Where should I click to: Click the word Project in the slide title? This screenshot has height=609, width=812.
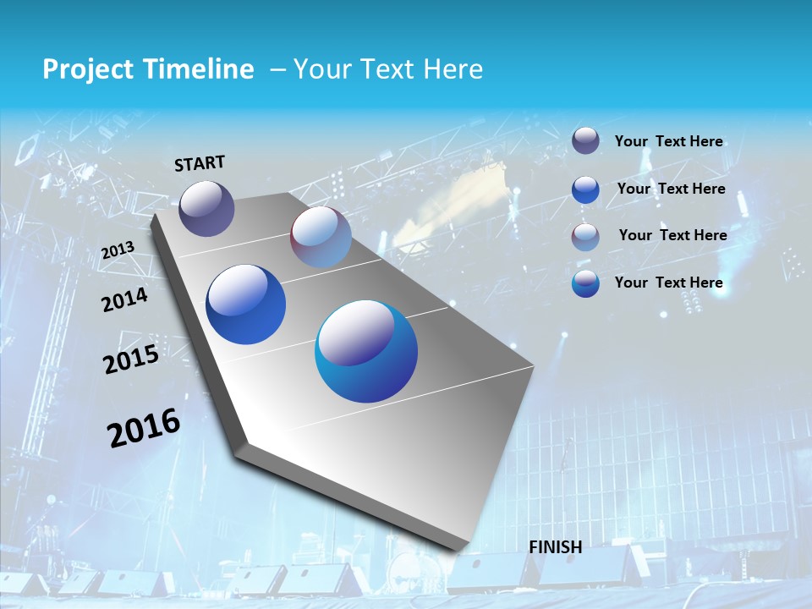[85, 69]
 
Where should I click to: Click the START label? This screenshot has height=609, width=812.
[200, 163]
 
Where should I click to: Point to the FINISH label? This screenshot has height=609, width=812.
[555, 547]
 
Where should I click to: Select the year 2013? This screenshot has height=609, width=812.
[118, 250]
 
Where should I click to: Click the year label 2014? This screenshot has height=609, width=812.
[124, 299]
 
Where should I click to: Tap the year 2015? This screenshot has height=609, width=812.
[131, 359]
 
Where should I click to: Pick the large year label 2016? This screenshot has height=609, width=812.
[144, 427]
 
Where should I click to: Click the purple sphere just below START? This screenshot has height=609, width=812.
[206, 208]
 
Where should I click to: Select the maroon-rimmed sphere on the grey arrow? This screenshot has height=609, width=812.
[321, 237]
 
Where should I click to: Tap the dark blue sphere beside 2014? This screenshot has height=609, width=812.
[245, 304]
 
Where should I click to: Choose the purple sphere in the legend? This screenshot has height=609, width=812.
[585, 141]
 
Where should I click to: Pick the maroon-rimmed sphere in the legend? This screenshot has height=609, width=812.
[585, 236]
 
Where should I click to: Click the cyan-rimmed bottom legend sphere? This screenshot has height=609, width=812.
[585, 283]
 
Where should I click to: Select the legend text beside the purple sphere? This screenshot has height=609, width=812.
[668, 141]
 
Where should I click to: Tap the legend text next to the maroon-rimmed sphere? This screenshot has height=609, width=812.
[672, 235]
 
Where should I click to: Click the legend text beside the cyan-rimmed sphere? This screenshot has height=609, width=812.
[668, 283]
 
